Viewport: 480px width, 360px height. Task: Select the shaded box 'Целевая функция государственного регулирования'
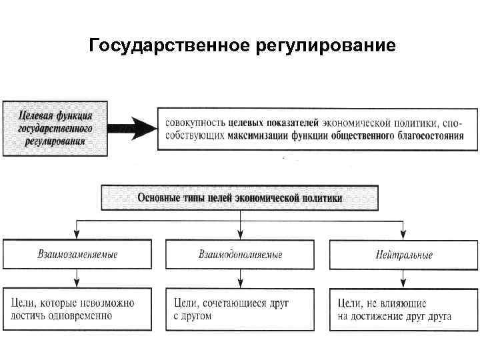click(x=55, y=127)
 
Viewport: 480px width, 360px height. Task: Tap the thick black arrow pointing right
click(x=133, y=127)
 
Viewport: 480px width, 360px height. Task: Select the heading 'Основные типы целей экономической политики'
click(x=239, y=198)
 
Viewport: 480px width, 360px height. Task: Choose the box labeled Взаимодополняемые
click(x=240, y=255)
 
